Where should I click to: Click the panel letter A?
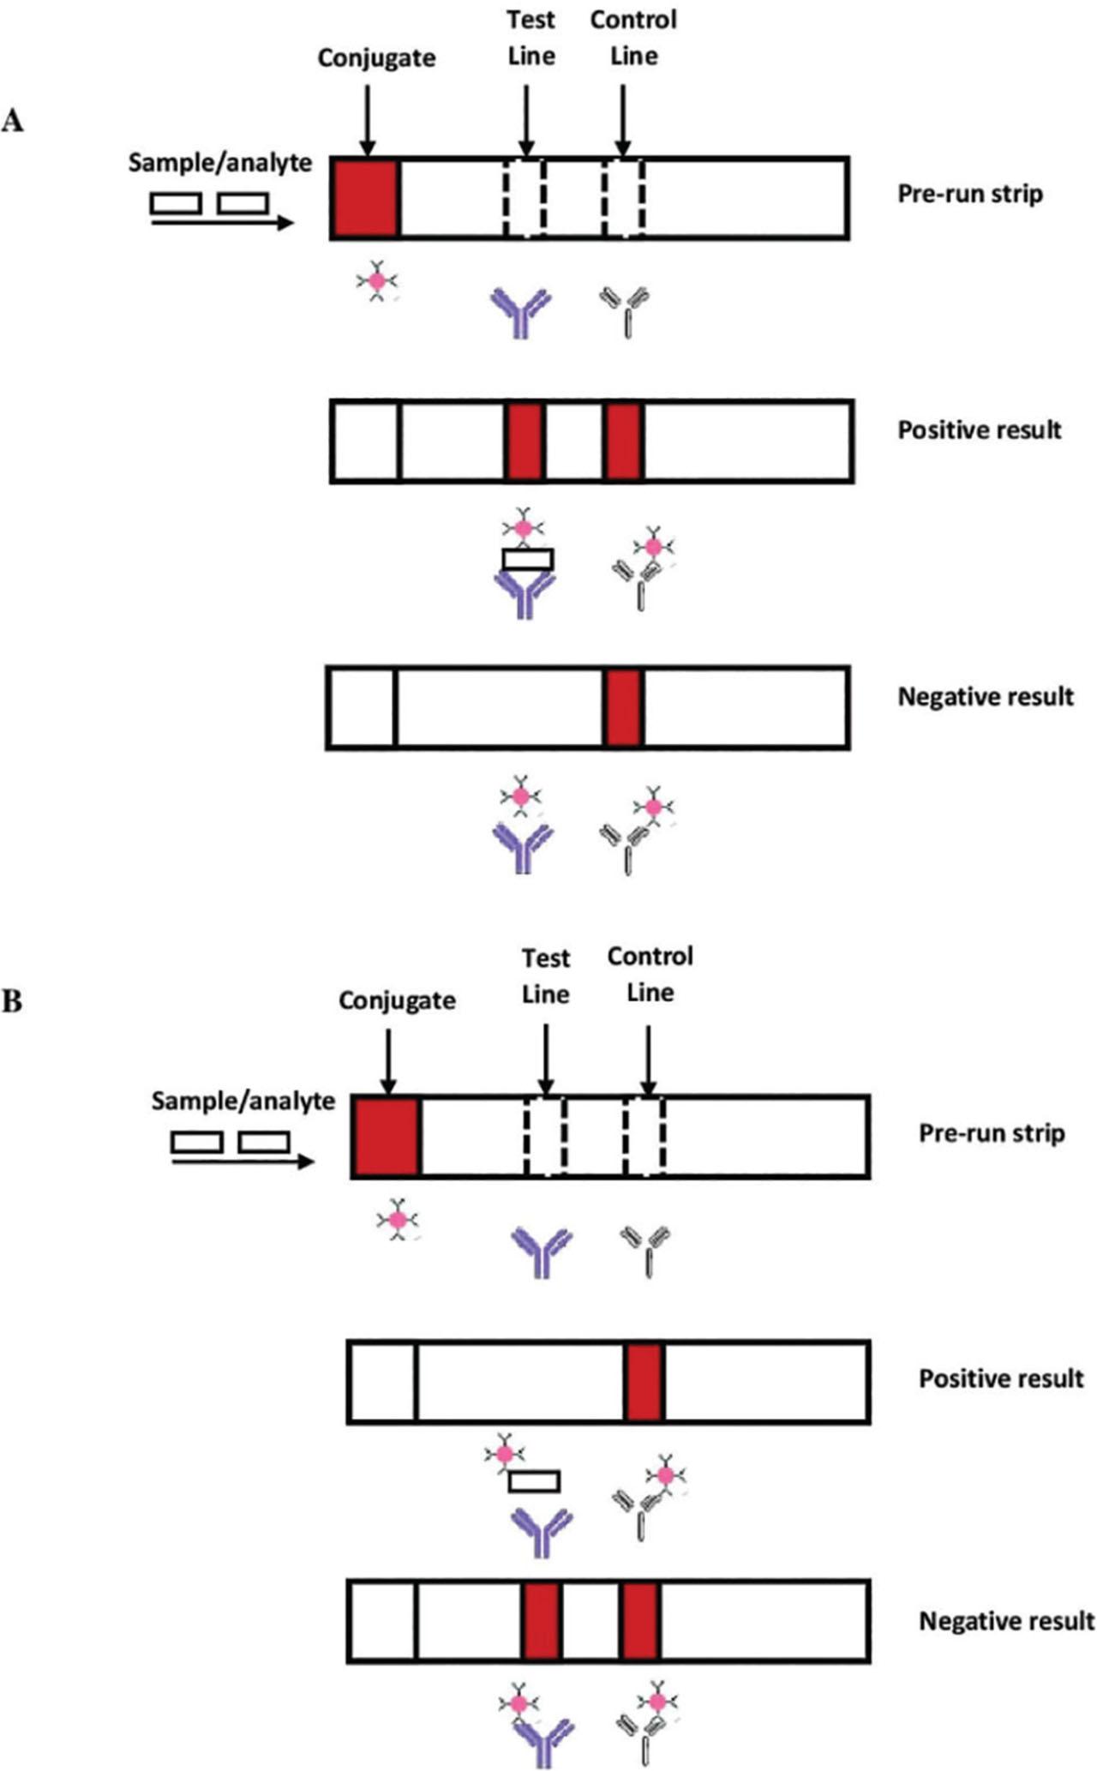point(12,121)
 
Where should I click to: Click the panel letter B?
point(12,1000)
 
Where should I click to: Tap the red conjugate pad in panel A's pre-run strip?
point(365,198)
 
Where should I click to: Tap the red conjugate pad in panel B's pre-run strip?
point(386,1136)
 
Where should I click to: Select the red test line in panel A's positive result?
point(525,441)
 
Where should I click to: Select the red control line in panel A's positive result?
point(623,441)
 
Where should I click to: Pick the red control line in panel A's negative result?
point(623,708)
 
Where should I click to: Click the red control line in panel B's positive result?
point(644,1382)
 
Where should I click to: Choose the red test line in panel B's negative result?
point(542,1621)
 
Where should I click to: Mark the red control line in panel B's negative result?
point(640,1621)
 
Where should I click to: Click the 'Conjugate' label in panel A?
point(376,58)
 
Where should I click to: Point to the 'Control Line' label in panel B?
point(650,974)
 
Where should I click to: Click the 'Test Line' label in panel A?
point(531,38)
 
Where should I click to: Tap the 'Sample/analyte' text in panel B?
point(243,1101)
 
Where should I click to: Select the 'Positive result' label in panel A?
point(980,429)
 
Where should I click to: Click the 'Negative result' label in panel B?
point(1006,1621)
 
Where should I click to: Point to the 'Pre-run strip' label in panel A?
point(970,194)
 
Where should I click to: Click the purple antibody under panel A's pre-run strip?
point(520,312)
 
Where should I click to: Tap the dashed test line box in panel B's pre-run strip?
point(545,1136)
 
